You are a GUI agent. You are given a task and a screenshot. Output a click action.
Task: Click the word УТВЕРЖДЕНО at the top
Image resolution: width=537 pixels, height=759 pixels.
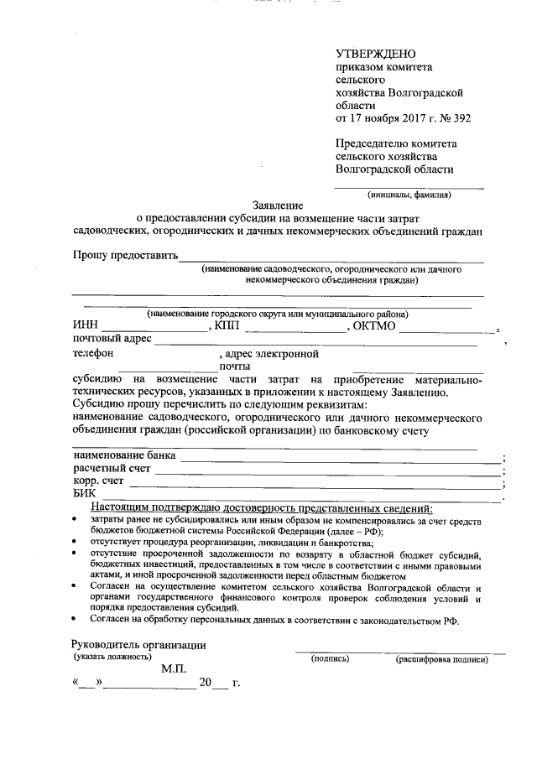[374, 55]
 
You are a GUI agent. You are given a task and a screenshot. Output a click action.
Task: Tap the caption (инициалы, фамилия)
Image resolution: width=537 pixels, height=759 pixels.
[409, 195]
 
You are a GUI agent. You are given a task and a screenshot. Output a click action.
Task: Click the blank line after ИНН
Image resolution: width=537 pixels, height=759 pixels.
[154, 328]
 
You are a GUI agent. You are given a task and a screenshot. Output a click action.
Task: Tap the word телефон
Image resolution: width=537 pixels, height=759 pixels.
[94, 354]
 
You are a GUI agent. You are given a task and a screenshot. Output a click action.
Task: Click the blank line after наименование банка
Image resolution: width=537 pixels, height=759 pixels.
[339, 458]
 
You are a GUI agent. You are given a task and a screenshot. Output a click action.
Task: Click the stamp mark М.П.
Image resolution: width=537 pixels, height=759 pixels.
[177, 668]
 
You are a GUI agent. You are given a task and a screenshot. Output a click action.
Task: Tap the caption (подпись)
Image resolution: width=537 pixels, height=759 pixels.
[330, 659]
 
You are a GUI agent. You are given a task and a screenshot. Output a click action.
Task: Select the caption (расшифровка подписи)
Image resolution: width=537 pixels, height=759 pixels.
[441, 659]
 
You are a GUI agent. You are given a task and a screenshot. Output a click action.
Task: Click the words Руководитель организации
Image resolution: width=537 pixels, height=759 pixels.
[138, 644]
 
